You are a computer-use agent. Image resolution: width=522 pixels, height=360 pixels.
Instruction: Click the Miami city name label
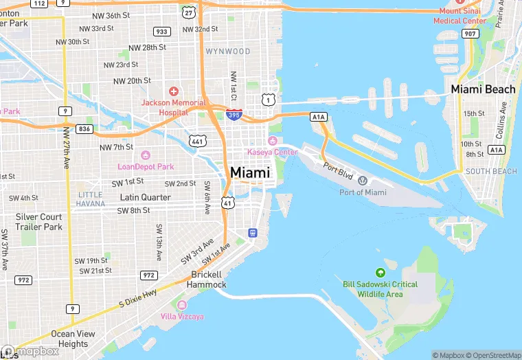(250, 172)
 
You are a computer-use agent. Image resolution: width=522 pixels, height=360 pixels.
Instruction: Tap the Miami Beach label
(483, 89)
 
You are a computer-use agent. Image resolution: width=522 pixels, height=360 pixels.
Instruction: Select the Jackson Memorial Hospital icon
(174, 91)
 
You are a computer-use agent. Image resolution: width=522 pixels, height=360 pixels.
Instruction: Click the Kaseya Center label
(273, 151)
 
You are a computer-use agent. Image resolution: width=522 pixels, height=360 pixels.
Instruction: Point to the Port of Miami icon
(363, 181)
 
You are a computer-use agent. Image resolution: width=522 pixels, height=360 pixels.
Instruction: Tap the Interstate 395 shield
(234, 115)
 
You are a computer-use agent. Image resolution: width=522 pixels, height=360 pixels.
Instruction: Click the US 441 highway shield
(198, 142)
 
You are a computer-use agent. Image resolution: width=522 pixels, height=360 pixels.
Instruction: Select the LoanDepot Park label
(146, 166)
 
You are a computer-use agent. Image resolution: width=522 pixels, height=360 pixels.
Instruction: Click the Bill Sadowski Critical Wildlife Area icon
(381, 273)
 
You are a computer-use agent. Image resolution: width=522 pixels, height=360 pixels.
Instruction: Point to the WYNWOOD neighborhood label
(227, 52)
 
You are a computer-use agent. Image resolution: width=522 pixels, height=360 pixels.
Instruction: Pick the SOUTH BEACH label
(491, 171)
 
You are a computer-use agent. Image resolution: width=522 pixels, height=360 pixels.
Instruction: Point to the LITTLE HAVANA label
(91, 199)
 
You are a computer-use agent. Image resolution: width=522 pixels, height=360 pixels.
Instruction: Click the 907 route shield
(470, 34)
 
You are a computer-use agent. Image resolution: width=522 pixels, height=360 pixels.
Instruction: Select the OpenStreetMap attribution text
(493, 355)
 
